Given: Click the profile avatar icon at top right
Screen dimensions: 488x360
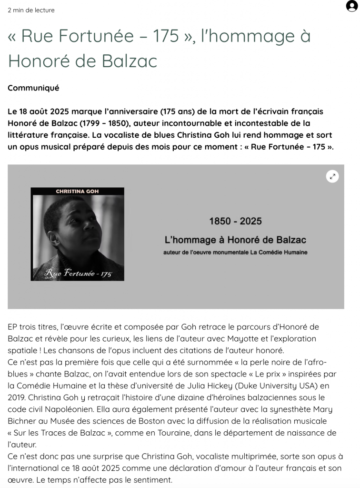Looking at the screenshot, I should click(351, 7).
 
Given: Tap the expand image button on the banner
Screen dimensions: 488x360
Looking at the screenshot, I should click(332, 176).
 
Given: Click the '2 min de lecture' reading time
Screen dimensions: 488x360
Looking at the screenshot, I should click(31, 10).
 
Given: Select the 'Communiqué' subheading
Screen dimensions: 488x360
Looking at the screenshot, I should click(33, 88).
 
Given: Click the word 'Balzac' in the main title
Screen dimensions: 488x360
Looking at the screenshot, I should click(127, 61).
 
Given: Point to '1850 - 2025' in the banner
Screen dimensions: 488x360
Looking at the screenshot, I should click(235, 221).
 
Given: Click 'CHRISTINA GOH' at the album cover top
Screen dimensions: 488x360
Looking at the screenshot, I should click(77, 192).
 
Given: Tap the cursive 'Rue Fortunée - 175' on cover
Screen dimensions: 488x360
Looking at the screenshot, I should click(78, 273).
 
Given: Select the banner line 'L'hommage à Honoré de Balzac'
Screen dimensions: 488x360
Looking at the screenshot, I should click(235, 240).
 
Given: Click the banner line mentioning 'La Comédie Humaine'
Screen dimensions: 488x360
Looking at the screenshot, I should click(235, 252).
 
